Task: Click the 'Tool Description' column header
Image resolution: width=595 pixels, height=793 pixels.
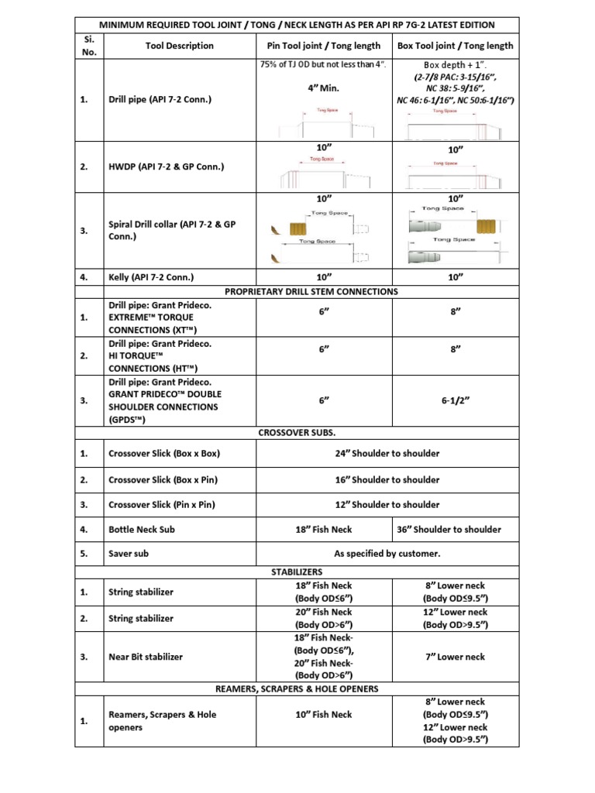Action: pos(179,46)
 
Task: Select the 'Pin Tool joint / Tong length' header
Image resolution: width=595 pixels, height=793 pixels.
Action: pos(323,46)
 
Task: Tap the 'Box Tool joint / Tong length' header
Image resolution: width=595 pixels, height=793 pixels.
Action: pos(455,46)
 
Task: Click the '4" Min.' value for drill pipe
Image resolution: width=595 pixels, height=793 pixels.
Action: pos(324,88)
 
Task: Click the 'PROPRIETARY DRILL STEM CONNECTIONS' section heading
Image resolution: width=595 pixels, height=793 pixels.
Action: pos(311,291)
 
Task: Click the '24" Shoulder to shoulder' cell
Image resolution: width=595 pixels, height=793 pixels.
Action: pos(387,454)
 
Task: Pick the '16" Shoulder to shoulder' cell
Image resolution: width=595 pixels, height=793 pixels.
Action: pos(387,479)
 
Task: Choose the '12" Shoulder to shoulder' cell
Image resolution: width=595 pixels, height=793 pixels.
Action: pos(387,504)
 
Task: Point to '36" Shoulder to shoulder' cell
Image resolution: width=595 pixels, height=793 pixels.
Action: pos(455,530)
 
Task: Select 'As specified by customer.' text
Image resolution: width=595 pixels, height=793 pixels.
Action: pos(387,554)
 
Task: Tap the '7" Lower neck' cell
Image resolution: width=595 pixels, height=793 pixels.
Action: pos(455,657)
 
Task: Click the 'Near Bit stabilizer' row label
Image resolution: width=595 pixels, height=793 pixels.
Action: pos(146,657)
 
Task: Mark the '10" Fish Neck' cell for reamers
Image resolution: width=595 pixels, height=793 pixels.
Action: pos(323,715)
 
